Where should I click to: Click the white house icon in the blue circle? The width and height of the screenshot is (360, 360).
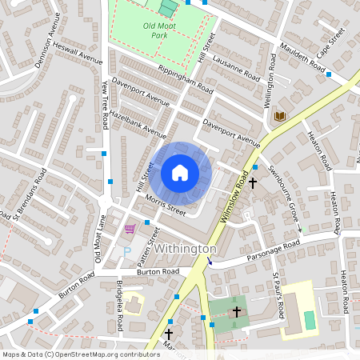pyautogui.click(x=180, y=173)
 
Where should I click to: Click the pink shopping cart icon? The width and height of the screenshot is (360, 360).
pyautogui.click(x=130, y=229)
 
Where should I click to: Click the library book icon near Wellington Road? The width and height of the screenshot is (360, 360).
pyautogui.click(x=279, y=117)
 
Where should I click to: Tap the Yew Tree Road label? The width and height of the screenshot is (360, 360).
pyautogui.click(x=104, y=108)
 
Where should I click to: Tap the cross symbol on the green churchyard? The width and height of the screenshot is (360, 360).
pyautogui.click(x=236, y=311)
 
